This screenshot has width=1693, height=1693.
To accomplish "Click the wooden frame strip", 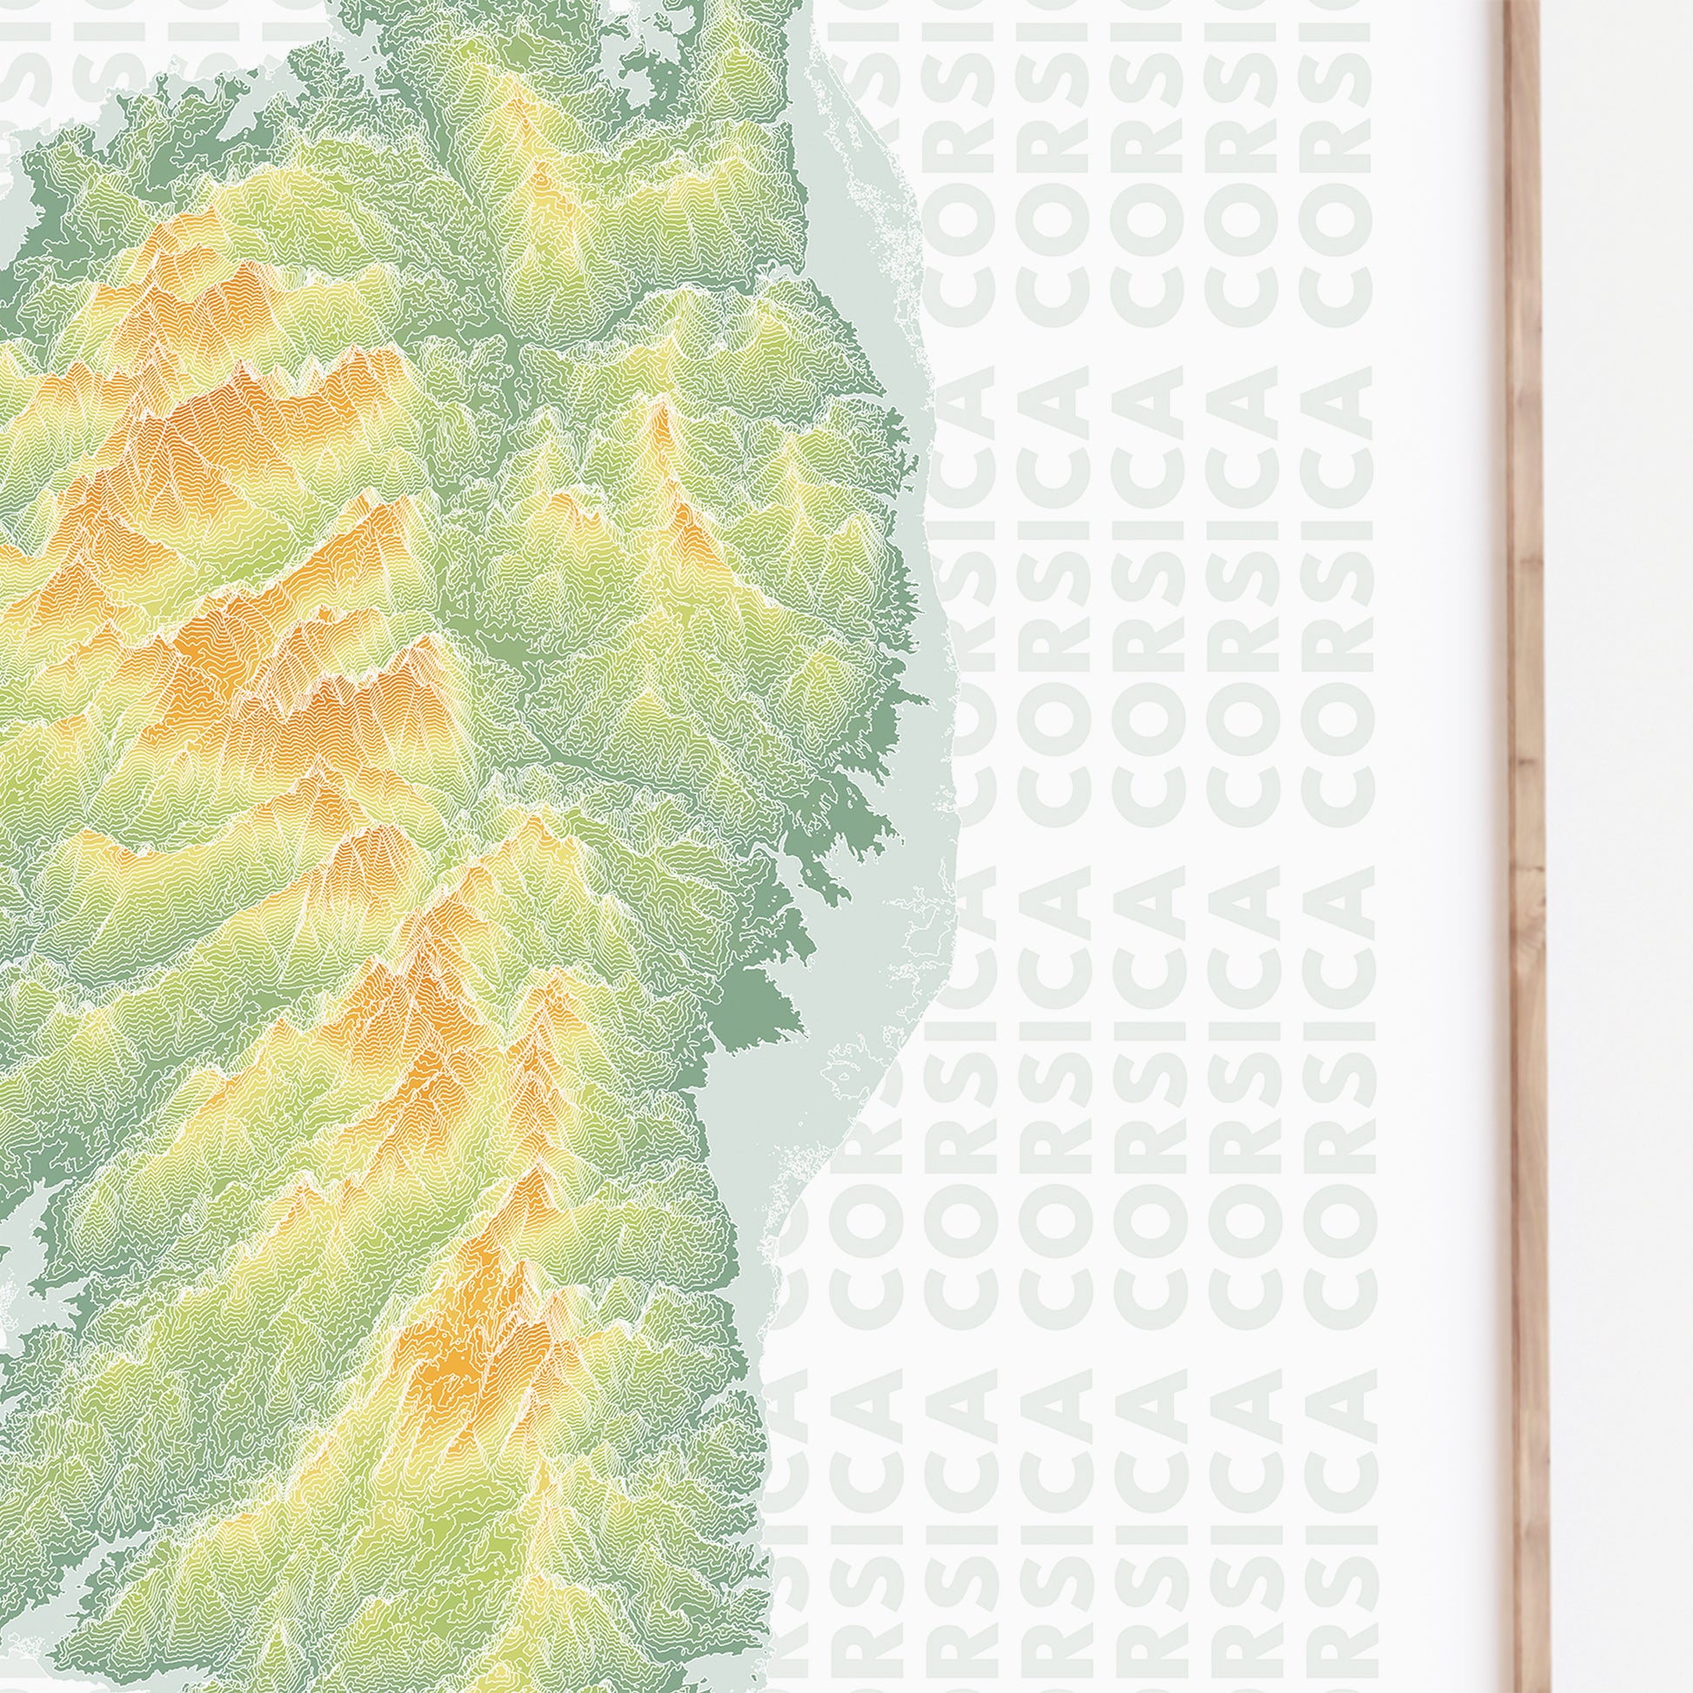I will tap(1524, 876).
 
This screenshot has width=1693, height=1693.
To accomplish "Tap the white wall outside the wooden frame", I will tap(1621, 876).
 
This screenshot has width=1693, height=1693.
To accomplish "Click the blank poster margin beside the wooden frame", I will tap(1437, 876).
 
